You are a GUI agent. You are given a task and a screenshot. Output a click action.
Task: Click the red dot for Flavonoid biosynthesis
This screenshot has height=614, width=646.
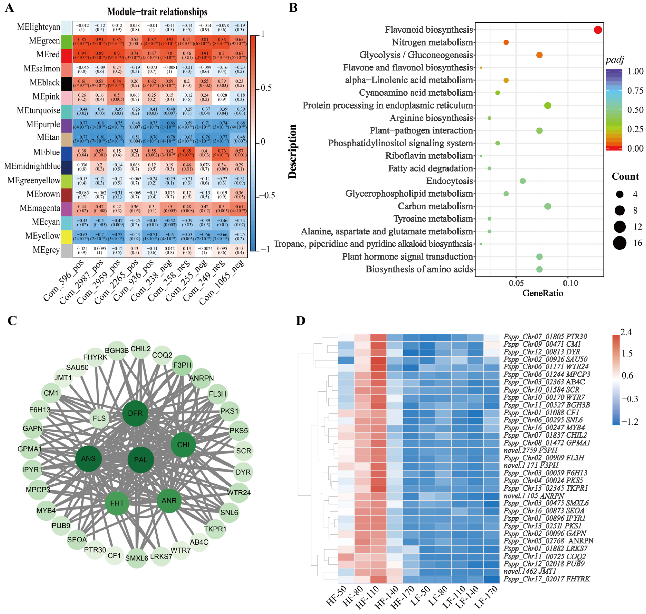click(x=597, y=30)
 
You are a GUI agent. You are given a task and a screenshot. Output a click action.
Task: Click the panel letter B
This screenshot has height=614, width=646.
click(x=293, y=7)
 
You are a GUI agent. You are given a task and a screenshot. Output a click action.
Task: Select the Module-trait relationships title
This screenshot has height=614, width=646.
click(x=157, y=12)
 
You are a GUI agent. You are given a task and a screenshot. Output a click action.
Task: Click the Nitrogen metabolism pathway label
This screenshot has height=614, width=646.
click(x=432, y=42)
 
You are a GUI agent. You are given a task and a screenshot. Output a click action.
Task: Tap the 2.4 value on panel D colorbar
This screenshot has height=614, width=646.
click(x=626, y=332)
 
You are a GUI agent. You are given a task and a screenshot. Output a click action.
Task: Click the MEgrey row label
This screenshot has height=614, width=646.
click(x=46, y=250)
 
